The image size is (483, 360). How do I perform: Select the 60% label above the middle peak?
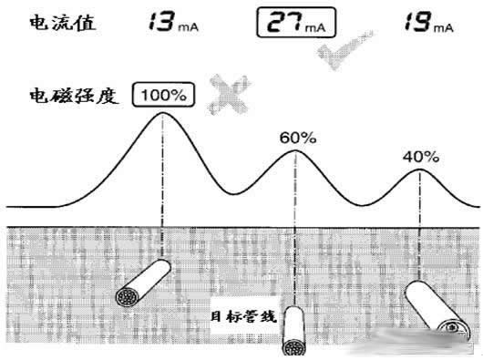point(296,138)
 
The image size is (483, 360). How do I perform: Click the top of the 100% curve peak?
point(162,112)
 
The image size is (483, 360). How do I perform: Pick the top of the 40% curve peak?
point(420,170)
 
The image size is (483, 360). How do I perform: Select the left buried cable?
point(142,283)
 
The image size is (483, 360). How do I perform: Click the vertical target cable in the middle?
point(293,334)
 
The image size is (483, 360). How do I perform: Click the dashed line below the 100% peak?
point(162,182)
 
